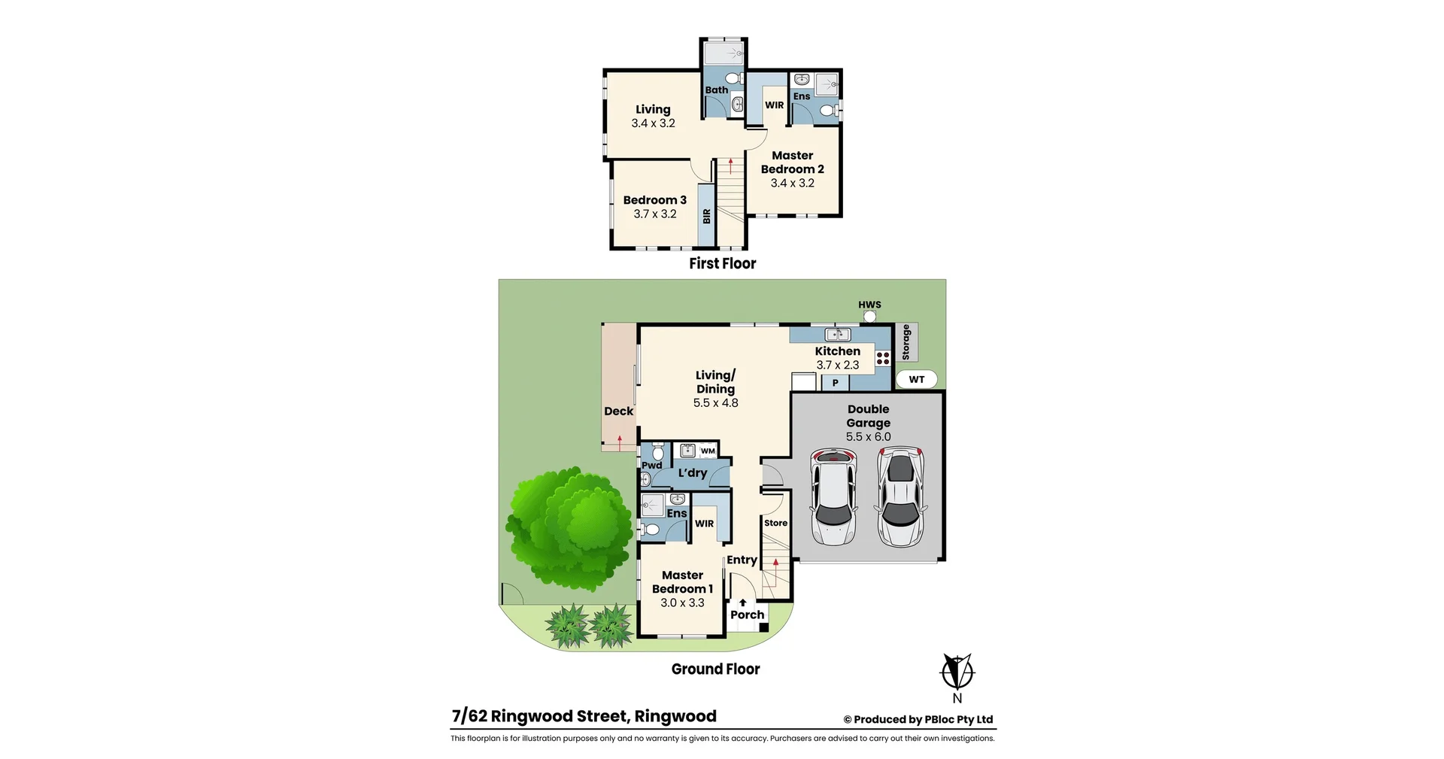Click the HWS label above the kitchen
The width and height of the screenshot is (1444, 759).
pos(869,305)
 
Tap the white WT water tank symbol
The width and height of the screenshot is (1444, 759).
pos(916,379)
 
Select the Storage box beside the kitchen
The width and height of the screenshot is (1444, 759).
pos(906,342)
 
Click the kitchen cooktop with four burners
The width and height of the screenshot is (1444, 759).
pos(883,358)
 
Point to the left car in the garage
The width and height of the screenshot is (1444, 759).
pos(833,496)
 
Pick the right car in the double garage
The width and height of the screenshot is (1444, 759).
pos(900,496)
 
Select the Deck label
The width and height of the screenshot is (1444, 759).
pos(618,411)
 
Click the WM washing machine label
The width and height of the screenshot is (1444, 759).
pos(708,451)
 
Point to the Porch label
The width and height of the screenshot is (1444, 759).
pos(747,615)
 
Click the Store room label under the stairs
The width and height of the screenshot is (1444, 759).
pos(775,523)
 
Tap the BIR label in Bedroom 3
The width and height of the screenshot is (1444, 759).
pos(706,216)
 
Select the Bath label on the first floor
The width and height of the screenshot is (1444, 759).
pos(716,90)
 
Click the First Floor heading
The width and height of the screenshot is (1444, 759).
pos(722,263)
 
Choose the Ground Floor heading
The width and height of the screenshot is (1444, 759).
pos(715,669)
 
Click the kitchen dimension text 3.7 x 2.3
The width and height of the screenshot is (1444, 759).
pos(837,365)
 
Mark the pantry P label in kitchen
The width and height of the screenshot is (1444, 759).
pos(835,383)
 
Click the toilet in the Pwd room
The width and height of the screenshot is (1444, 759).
pos(657,452)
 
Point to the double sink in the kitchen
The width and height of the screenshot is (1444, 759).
pos(837,335)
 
